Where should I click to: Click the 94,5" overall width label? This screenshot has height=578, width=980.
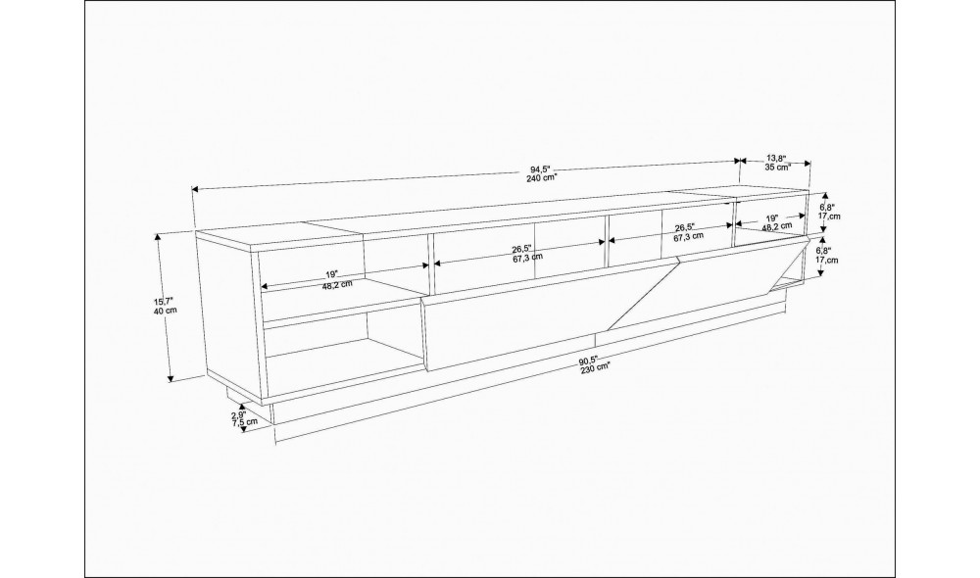pyautogui.click(x=539, y=169)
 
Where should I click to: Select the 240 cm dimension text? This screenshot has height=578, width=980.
pyautogui.click(x=541, y=177)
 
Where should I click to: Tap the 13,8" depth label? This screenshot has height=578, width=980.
pyautogui.click(x=775, y=159)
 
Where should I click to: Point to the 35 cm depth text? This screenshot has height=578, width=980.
pyautogui.click(x=777, y=168)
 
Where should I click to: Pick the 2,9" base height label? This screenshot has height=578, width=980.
pyautogui.click(x=239, y=414)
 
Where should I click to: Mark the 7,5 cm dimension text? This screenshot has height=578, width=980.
pyautogui.click(x=244, y=422)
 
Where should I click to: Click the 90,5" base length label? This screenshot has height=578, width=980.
pyautogui.click(x=587, y=360)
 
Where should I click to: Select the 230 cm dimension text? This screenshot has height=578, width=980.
pyautogui.click(x=595, y=368)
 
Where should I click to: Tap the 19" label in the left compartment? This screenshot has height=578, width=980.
pyautogui.click(x=331, y=275)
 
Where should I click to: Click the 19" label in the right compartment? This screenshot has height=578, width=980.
pyautogui.click(x=772, y=218)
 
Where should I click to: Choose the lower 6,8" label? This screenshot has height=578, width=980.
pyautogui.click(x=824, y=251)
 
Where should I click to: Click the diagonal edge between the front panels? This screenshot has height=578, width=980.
pyautogui.click(x=645, y=293)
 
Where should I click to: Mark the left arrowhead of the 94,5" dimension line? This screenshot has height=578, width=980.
pyautogui.click(x=196, y=189)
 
